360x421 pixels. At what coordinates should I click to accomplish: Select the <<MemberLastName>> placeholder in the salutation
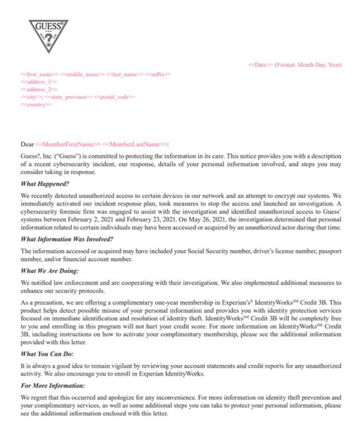coord(134,144)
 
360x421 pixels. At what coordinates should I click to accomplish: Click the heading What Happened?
coord(45,184)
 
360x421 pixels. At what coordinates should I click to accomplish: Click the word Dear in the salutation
coord(27,144)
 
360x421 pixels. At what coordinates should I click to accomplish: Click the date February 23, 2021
coord(155,219)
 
